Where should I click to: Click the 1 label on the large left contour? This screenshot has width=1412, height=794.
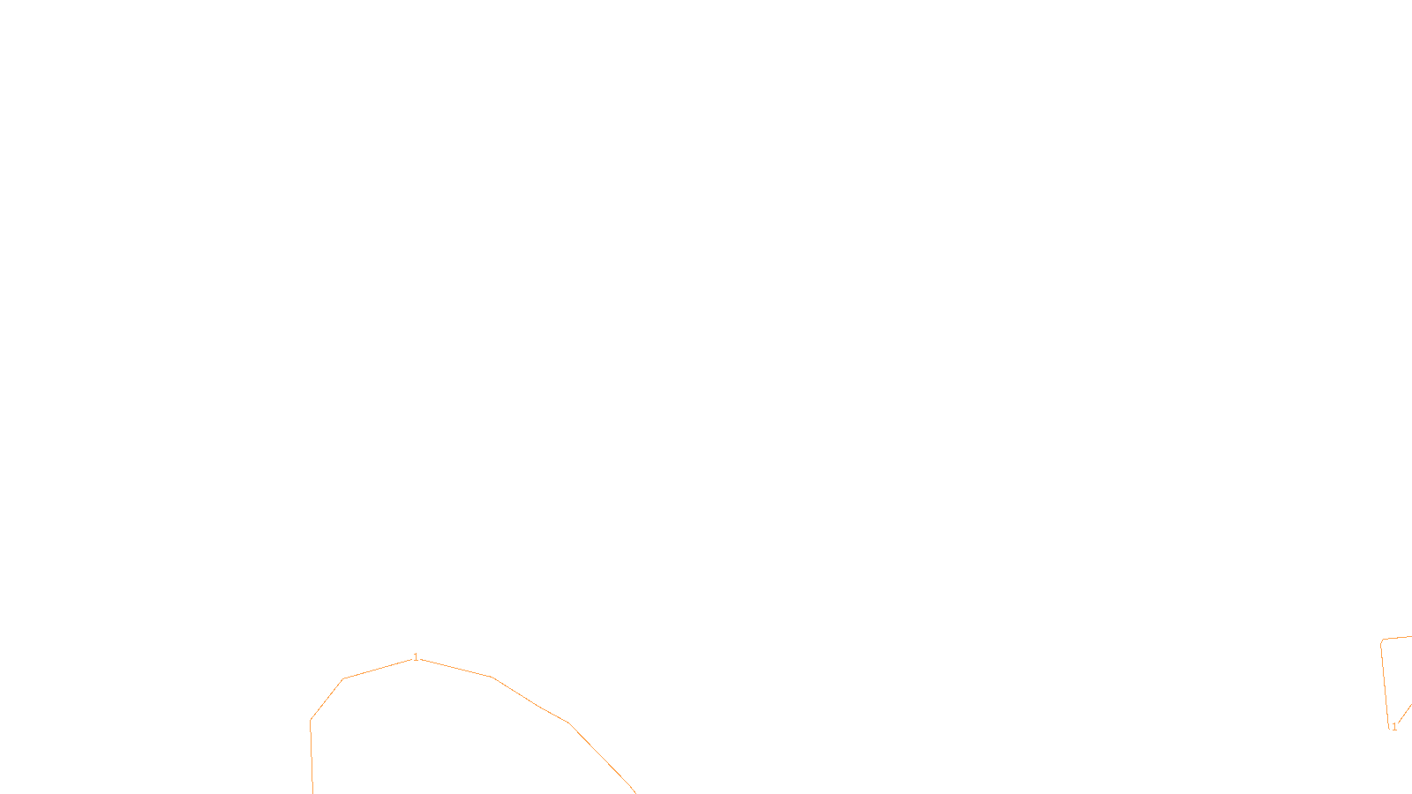click(416, 657)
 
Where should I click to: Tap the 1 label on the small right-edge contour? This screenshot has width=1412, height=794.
click(1394, 727)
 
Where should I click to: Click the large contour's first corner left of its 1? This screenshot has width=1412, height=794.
click(343, 678)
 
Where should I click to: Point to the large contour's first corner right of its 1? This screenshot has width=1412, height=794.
click(492, 677)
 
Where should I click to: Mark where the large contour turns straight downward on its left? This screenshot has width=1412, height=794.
click(311, 720)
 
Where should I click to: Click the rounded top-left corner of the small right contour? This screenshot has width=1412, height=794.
click(1382, 641)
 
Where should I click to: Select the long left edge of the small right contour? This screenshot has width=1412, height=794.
click(1386, 684)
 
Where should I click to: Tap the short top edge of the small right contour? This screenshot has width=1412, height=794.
click(1398, 638)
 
